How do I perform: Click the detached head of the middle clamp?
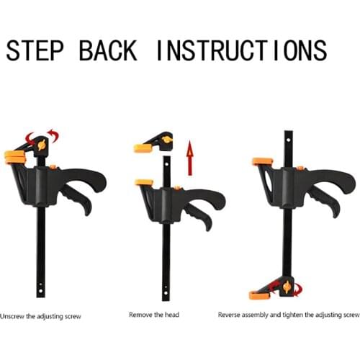pos(156,143)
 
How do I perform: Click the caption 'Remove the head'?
pos(153,315)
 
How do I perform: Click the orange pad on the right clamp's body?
pos(261,162)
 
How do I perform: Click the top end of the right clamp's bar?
pos(287,135)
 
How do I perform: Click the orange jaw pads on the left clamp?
pos(14,156)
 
